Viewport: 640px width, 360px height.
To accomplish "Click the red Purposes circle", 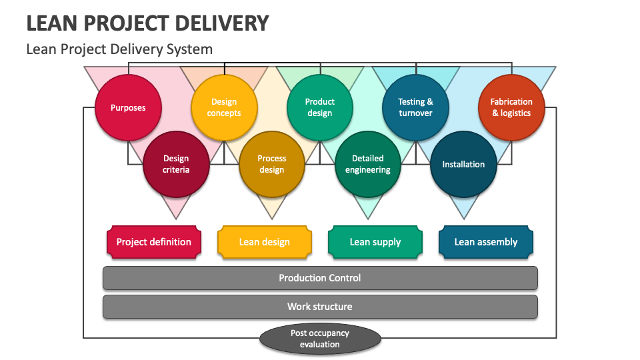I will (128, 108).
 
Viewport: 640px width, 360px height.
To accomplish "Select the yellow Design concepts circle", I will (224, 108).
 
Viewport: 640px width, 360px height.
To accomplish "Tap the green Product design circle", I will (320, 108).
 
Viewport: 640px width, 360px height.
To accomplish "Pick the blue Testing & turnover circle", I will (415, 108).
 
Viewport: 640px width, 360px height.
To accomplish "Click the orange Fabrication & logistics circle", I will (511, 108).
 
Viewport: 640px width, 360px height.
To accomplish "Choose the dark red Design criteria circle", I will (176, 164).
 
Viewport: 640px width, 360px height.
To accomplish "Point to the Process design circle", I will (272, 164).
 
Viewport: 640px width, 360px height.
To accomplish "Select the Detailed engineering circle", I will (368, 164).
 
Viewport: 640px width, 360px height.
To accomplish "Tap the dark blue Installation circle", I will (463, 164).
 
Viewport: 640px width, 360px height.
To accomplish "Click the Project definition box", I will (154, 242).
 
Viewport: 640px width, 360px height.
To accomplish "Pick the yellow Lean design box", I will (265, 242).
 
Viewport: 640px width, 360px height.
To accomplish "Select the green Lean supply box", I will (375, 242).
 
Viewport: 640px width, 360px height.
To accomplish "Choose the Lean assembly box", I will (486, 242).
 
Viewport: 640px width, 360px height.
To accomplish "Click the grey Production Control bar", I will (320, 278).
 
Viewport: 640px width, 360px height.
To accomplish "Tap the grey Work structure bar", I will (320, 307).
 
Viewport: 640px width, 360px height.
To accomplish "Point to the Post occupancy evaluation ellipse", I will (320, 339).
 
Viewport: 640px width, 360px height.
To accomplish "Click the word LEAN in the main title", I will (49, 23).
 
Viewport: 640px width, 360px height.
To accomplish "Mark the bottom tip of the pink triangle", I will (176, 218).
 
